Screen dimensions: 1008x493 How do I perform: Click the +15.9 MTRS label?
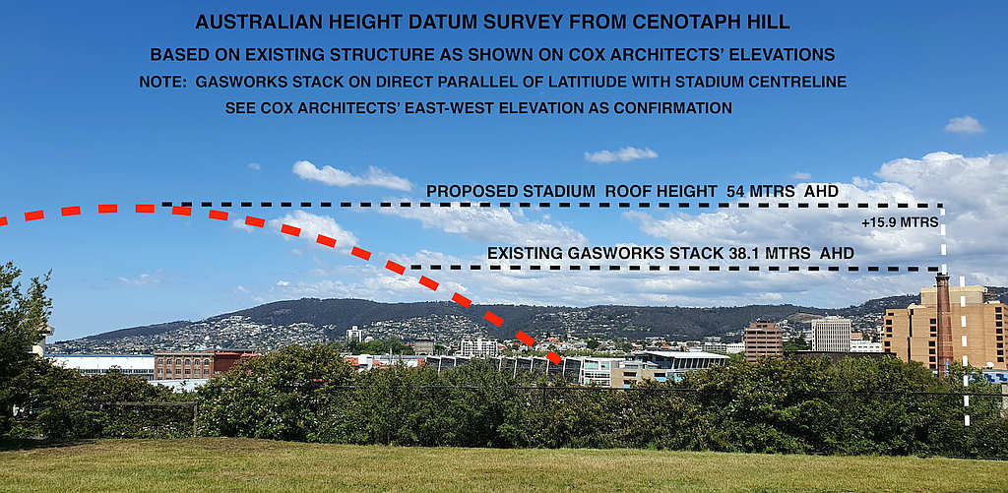[900, 223]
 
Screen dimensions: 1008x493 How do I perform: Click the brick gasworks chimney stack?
[944, 323]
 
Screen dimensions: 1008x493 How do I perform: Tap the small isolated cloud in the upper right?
[965, 125]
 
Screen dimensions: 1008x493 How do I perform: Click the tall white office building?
[831, 334]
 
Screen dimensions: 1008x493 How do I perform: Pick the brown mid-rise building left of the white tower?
[763, 340]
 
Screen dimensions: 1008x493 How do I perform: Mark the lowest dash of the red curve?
[553, 357]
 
